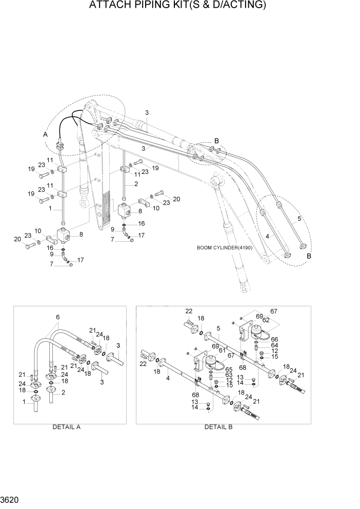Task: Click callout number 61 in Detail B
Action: click(x=222, y=350)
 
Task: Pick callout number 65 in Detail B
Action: click(x=229, y=369)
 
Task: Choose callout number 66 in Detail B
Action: click(x=274, y=339)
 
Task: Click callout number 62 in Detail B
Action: click(x=266, y=320)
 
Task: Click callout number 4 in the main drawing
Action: click(x=267, y=237)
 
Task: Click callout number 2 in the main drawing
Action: click(x=136, y=184)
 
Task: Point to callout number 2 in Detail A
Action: click(x=63, y=393)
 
